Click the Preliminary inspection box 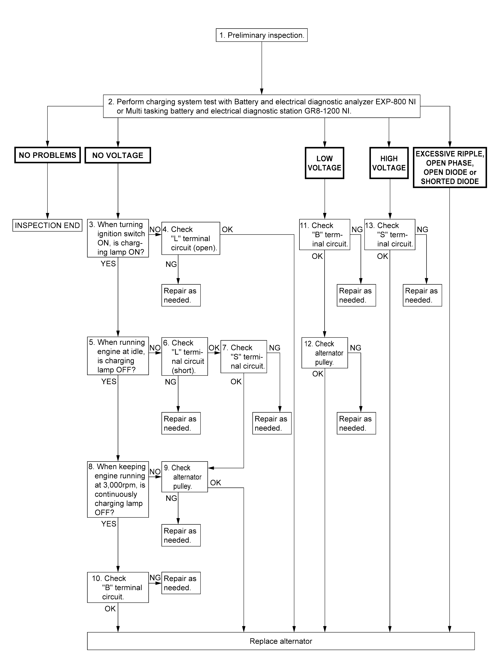[x=262, y=35]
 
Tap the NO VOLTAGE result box [x=118, y=155]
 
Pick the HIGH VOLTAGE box [x=389, y=163]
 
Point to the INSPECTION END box [x=47, y=225]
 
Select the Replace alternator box [x=281, y=641]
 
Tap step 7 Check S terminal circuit [x=244, y=357]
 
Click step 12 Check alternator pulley [x=324, y=353]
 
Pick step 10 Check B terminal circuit [x=118, y=587]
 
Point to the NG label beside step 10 [x=155, y=577]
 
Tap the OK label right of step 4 [x=227, y=230]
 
